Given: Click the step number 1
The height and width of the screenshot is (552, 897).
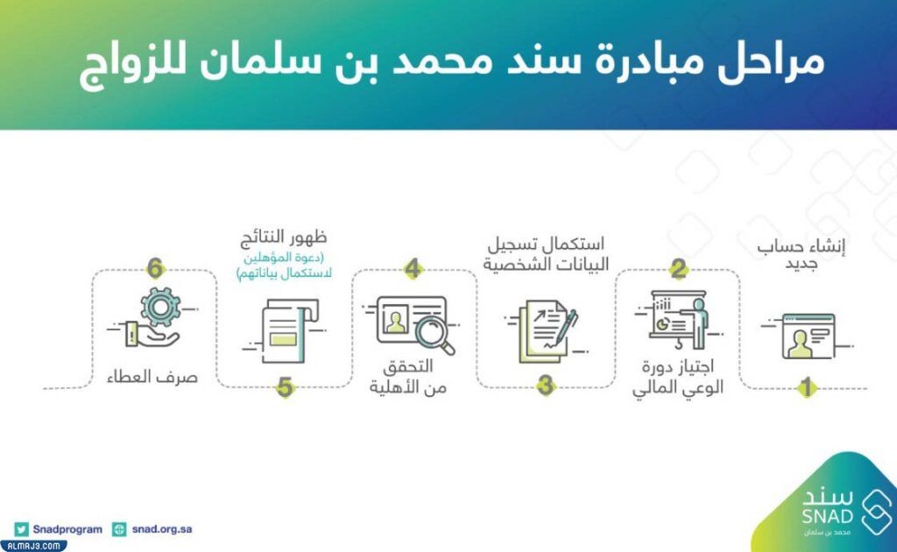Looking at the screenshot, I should pyautogui.click(x=805, y=386).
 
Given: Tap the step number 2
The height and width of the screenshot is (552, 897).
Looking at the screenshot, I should pyautogui.click(x=678, y=270).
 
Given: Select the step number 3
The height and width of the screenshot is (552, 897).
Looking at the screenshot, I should pyautogui.click(x=546, y=386).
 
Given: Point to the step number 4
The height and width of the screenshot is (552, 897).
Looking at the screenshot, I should pyautogui.click(x=413, y=270).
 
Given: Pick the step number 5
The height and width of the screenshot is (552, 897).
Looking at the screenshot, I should pyautogui.click(x=284, y=386).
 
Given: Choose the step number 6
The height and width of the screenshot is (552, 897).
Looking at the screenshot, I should pyautogui.click(x=155, y=269).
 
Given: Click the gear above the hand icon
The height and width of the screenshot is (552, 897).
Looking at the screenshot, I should pyautogui.click(x=160, y=308).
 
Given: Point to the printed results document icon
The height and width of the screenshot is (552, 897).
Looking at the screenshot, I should pyautogui.click(x=286, y=330).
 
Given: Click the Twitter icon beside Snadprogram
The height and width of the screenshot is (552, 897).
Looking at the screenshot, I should pyautogui.click(x=22, y=529).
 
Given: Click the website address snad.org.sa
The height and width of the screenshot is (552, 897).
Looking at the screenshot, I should pyautogui.click(x=162, y=529).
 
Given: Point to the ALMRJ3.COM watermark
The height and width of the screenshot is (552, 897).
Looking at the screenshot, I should pyautogui.click(x=33, y=545).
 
